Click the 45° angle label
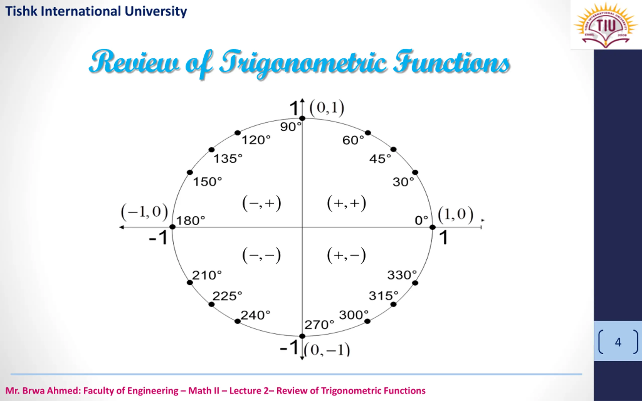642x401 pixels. (x=380, y=159)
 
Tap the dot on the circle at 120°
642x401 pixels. (x=238, y=133)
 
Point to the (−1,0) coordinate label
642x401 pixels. (x=144, y=212)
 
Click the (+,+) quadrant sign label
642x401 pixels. (x=347, y=204)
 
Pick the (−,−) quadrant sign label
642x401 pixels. (x=262, y=255)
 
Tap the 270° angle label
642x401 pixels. (x=319, y=325)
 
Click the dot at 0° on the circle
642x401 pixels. (x=432, y=227)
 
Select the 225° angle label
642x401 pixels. (x=227, y=296)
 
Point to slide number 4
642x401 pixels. (x=618, y=342)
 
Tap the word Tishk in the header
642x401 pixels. (x=21, y=12)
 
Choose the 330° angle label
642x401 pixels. (x=402, y=275)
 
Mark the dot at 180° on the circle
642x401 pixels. (x=173, y=227)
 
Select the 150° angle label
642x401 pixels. (x=207, y=182)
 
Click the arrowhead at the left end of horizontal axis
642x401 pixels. (x=121, y=227)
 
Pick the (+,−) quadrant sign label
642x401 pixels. (x=347, y=255)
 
